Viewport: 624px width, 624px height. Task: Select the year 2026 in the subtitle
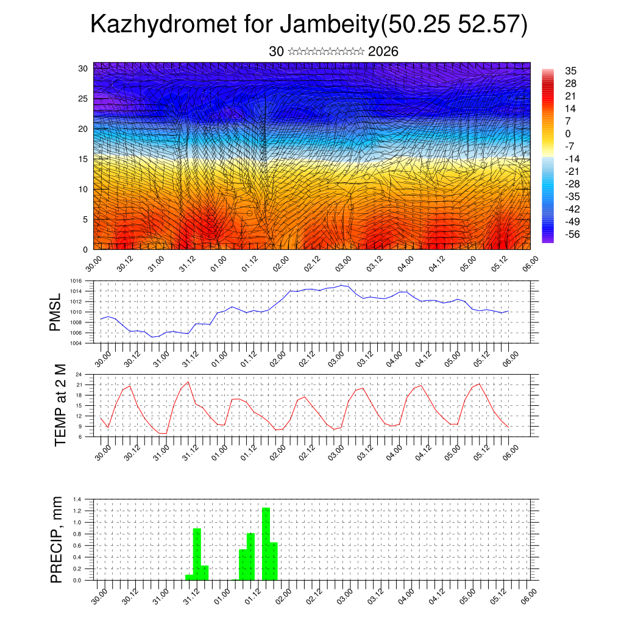(x=383, y=52)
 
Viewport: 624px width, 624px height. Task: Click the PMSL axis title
(x=55, y=314)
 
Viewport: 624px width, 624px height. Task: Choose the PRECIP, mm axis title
(x=57, y=539)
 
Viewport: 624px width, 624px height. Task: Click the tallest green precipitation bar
(x=266, y=543)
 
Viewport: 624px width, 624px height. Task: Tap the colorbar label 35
(x=571, y=71)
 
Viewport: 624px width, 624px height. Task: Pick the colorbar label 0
(x=568, y=133)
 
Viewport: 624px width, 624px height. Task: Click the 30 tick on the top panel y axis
(x=82, y=68)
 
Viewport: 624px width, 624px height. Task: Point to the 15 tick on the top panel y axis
(x=82, y=159)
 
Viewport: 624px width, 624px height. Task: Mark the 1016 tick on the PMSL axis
(x=76, y=281)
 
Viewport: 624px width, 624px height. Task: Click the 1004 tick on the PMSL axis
(x=76, y=343)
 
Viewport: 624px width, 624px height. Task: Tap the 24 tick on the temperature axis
(x=79, y=374)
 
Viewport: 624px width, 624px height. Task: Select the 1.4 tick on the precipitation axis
(x=77, y=499)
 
